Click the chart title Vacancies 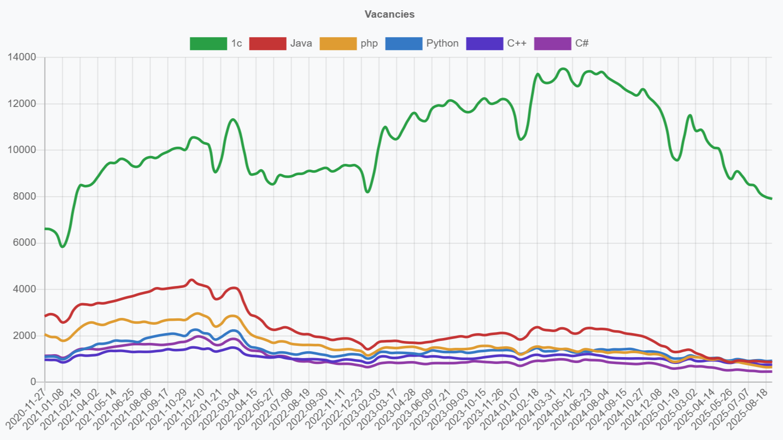[390, 14]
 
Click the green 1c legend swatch [208, 44]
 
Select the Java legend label [301, 44]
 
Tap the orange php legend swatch [338, 44]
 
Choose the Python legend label [442, 44]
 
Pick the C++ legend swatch [484, 44]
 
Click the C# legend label [582, 44]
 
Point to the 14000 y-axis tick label [22, 57]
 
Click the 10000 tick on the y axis [22, 150]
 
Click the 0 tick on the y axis [33, 382]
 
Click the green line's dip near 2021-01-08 [62, 246]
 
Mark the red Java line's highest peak [192, 280]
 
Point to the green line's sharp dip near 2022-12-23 [367, 192]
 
